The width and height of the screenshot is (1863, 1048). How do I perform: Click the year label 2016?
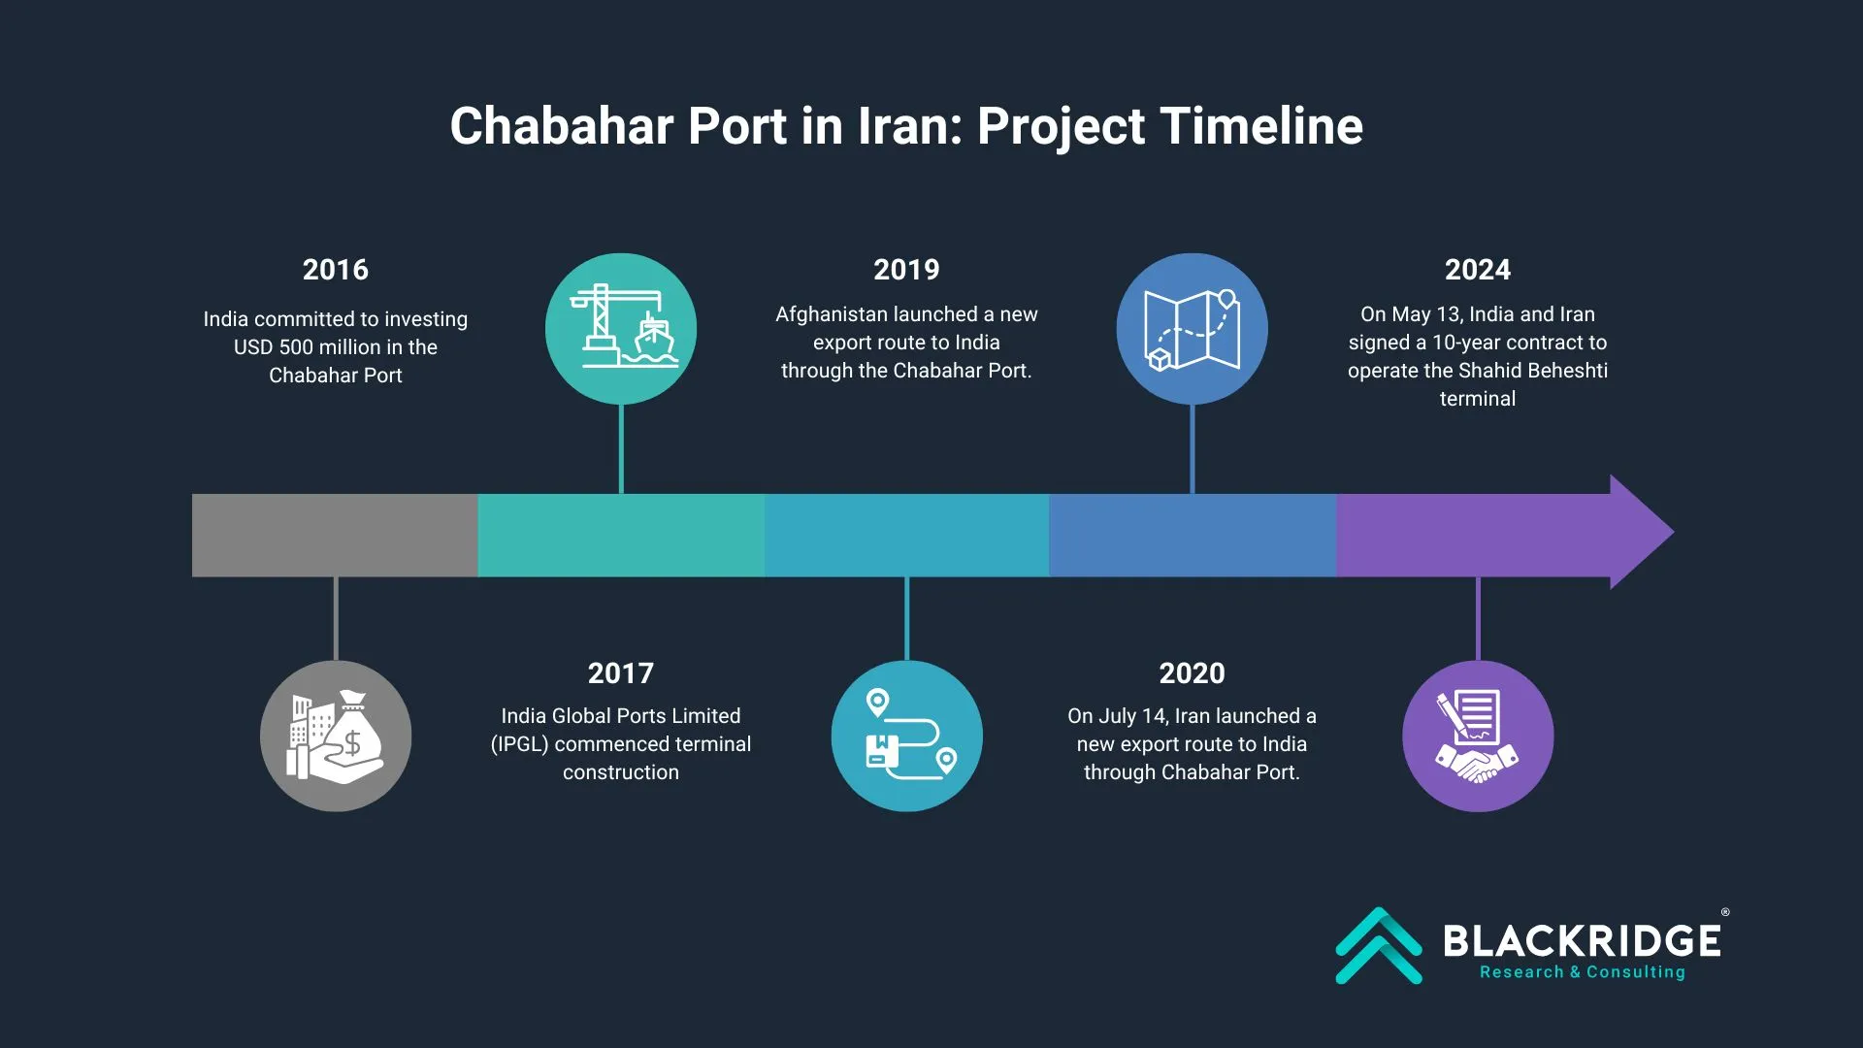(335, 270)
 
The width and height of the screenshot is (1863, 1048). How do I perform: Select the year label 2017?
(621, 673)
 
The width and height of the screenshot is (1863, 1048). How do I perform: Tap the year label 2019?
(906, 270)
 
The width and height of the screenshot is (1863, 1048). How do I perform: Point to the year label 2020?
(1192, 673)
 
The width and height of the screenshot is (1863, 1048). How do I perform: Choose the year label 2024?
(1478, 270)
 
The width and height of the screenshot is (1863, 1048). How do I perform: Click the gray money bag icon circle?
(336, 737)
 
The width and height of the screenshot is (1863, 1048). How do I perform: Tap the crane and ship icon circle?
(621, 329)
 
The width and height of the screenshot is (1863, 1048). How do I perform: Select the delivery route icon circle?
(906, 737)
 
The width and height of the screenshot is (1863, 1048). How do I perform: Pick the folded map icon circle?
(1192, 329)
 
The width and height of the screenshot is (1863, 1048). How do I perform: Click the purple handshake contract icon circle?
(1478, 737)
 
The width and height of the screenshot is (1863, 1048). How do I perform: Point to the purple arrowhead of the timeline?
(1642, 532)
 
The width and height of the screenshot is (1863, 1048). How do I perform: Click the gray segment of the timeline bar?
(335, 536)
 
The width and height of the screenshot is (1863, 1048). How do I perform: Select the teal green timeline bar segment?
(621, 536)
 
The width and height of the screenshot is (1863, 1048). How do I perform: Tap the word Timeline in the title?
(1261, 126)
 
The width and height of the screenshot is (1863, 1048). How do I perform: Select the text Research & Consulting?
(1583, 972)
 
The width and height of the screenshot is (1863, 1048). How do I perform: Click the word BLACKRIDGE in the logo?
(1583, 941)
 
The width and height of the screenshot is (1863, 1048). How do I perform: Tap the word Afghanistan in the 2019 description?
(831, 314)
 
